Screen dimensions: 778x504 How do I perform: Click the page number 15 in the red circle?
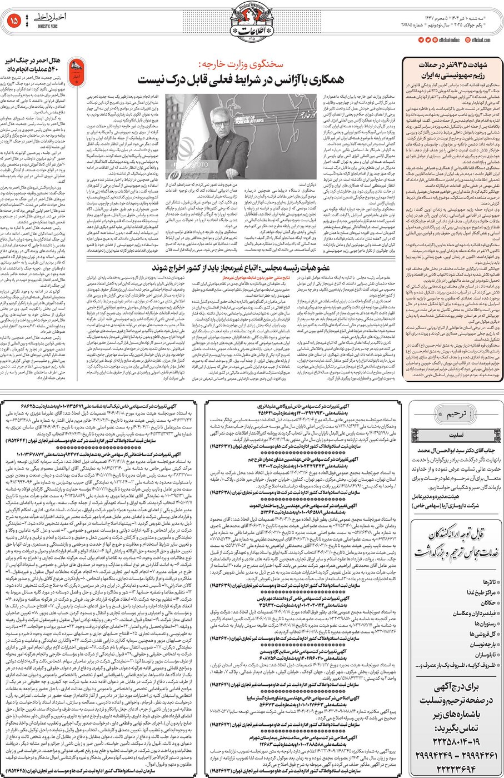point(14,21)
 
